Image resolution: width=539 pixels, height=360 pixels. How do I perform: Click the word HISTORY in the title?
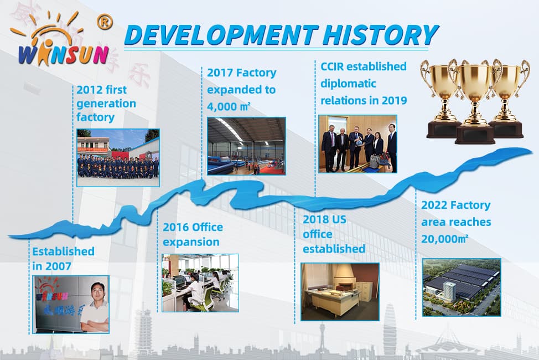[380, 35]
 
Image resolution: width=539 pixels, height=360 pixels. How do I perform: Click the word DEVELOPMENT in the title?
[221, 35]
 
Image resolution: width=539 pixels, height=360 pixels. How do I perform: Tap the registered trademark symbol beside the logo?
[105, 22]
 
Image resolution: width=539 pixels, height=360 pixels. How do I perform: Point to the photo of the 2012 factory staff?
[118, 158]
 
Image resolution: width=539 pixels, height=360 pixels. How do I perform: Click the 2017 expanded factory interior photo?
[246, 146]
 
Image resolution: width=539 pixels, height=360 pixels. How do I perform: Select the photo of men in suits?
[357, 144]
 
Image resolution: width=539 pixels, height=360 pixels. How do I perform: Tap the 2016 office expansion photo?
[200, 283]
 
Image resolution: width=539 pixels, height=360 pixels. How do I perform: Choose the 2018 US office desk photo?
[340, 292]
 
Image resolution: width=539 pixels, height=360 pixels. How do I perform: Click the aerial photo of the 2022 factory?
[462, 287]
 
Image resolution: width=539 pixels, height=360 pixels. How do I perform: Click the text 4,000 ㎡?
[229, 107]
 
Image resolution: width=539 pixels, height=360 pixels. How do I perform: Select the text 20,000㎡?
[445, 239]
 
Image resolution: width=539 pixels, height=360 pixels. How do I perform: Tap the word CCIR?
[332, 66]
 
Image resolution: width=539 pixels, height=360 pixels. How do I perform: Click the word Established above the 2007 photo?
[63, 251]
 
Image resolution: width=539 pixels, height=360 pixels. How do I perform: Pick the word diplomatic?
[348, 84]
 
